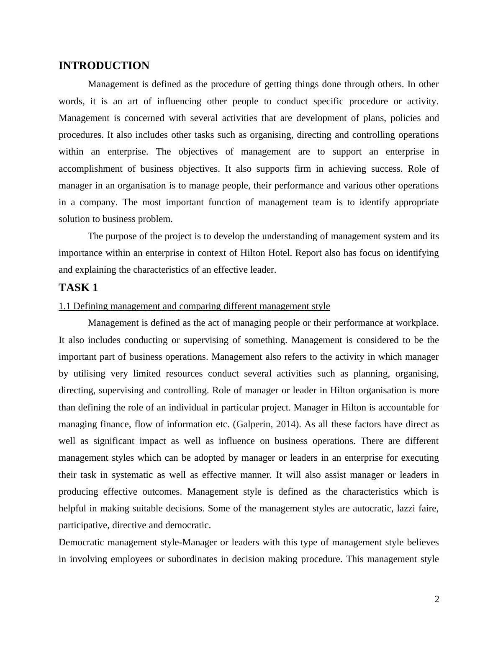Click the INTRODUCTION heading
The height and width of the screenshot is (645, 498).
tap(104, 66)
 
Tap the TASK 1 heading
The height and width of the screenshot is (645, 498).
tap(78, 288)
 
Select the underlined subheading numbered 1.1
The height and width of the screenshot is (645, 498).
tap(194, 306)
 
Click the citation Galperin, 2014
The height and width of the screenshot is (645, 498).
tap(266, 424)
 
